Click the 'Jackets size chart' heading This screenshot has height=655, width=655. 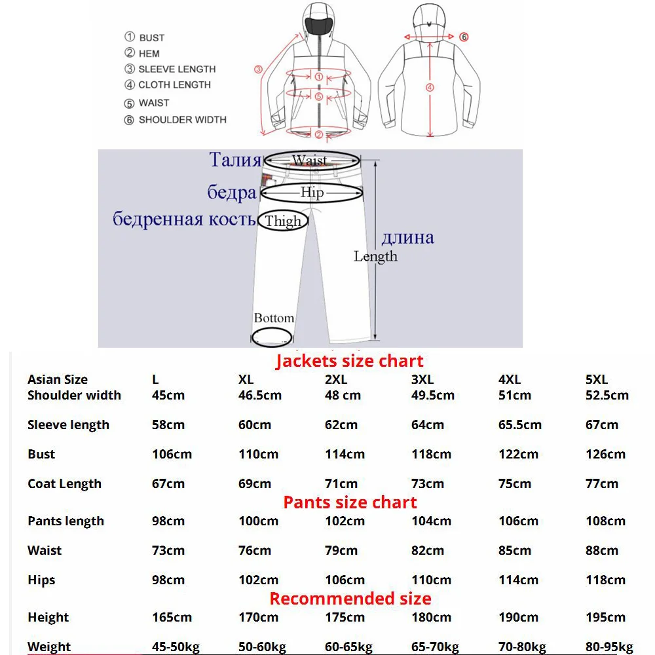click(x=349, y=361)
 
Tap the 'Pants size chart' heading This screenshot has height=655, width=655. click(x=350, y=502)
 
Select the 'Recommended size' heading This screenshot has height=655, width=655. click(x=350, y=599)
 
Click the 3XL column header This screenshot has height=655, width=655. click(x=422, y=379)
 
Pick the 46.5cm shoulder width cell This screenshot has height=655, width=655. click(x=260, y=395)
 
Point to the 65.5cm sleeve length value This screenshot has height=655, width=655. click(x=519, y=424)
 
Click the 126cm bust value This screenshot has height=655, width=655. click(x=605, y=454)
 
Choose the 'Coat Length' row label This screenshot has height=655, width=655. click(x=64, y=484)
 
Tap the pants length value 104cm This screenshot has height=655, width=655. click(x=431, y=521)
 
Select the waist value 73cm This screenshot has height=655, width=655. click(x=168, y=550)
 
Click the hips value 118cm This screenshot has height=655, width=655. click(x=605, y=580)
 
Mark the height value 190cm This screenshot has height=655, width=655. click(x=518, y=617)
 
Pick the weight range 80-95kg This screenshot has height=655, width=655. click(x=609, y=647)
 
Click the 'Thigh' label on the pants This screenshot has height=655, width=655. click(x=282, y=221)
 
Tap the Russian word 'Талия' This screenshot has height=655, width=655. click(x=235, y=160)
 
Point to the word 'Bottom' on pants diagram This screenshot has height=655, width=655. click(x=274, y=318)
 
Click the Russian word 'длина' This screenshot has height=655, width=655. click(x=407, y=237)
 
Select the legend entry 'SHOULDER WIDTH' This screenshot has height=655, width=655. click(x=182, y=120)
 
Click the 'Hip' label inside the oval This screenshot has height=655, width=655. click(x=312, y=193)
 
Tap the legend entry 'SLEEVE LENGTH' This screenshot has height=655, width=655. click(x=176, y=69)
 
